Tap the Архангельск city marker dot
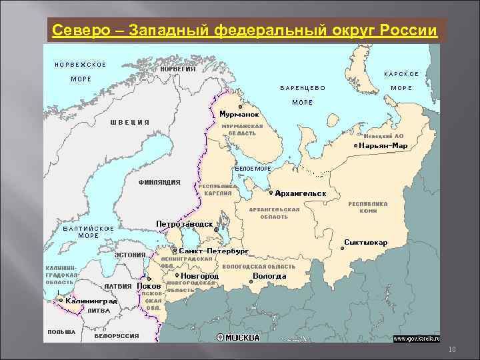[271, 193]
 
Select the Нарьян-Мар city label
[383, 145]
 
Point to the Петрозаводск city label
[185, 224]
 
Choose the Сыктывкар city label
[366, 242]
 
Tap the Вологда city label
[269, 275]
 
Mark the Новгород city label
[199, 275]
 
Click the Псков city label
[149, 287]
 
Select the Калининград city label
[92, 301]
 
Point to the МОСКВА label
[243, 337]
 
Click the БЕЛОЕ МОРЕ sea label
[253, 169]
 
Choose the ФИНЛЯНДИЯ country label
[159, 181]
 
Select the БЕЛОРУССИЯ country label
[117, 336]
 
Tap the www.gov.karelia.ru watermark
[417, 339]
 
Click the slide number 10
[451, 351]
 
